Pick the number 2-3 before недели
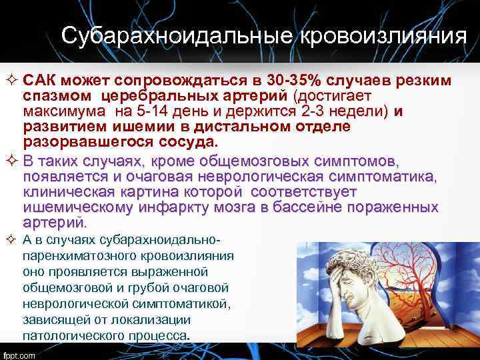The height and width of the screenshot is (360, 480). point(311,111)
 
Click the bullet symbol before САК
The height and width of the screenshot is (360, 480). point(12,81)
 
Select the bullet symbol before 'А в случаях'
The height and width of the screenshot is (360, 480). point(12,240)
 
